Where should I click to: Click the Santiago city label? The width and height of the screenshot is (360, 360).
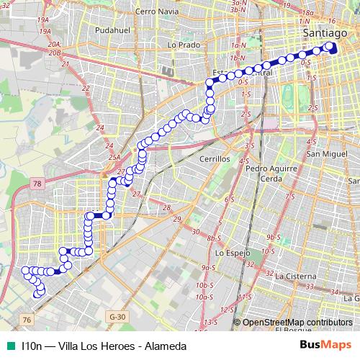pyautogui.click(x=325, y=34)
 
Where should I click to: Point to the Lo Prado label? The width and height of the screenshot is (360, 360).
pyautogui.click(x=182, y=45)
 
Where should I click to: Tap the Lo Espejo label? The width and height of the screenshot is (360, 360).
pyautogui.click(x=232, y=254)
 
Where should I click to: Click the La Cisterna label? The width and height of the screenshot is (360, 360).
pyautogui.click(x=295, y=276)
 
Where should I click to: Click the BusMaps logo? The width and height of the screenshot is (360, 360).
pyautogui.click(x=325, y=346)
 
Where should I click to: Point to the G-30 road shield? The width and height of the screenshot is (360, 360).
pyautogui.click(x=117, y=315)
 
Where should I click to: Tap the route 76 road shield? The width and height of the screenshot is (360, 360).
pyautogui.click(x=27, y=319)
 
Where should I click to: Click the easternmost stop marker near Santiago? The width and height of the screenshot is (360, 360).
pyautogui.click(x=332, y=46)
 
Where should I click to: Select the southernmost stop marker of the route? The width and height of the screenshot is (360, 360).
pyautogui.click(x=40, y=292)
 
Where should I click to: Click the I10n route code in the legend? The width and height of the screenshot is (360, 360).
pyautogui.click(x=32, y=346)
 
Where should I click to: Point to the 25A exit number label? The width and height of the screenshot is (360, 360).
pyautogui.click(x=113, y=157)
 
